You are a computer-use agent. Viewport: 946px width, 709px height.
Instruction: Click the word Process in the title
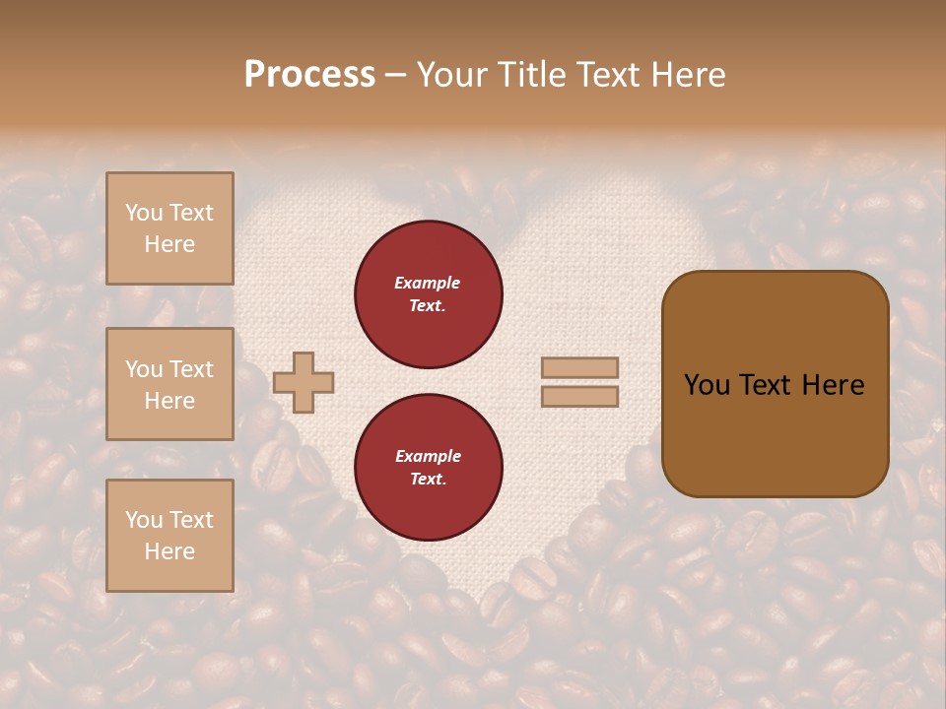309,75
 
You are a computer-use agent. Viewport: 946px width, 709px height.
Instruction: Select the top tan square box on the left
169,228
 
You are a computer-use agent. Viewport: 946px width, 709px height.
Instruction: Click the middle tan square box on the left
169,384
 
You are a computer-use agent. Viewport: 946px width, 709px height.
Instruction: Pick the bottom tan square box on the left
169,536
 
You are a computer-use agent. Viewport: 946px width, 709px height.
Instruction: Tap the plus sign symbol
304,382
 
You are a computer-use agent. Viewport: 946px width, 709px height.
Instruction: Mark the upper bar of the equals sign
579,367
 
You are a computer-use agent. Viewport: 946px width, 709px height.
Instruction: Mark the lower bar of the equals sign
579,397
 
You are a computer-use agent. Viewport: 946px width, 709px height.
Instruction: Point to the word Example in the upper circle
428,284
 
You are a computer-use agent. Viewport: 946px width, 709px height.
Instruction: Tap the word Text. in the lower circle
428,480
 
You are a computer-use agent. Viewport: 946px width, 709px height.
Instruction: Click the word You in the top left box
143,213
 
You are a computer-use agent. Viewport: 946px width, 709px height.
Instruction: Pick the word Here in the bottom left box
169,551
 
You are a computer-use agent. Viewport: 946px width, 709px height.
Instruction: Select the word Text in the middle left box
190,369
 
